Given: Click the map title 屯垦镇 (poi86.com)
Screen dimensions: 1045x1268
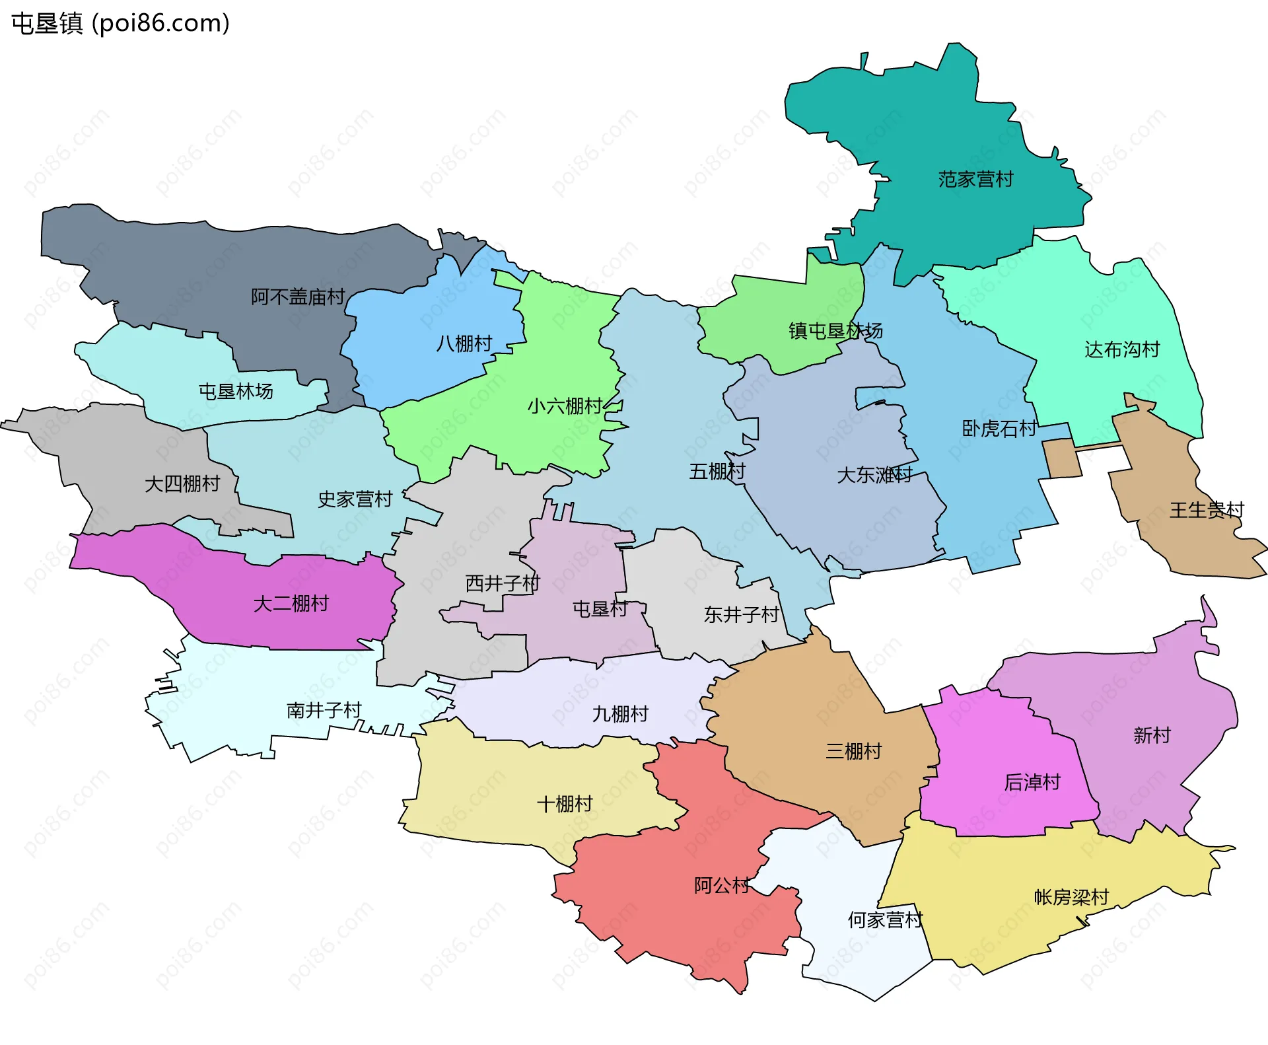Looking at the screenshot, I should pos(121,23).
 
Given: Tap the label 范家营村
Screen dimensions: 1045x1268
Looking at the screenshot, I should pos(975,180).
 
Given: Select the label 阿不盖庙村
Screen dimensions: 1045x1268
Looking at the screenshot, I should pos(298,297).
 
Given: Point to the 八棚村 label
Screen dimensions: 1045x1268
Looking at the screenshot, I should pos(464,343).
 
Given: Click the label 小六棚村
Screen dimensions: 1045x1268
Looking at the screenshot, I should pos(565,406).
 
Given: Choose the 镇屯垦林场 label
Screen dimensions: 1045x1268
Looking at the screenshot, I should pos(835,331).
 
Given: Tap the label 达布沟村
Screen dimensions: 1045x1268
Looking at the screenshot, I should pos(1122,349).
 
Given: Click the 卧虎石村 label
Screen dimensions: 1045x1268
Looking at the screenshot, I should pos(999,429).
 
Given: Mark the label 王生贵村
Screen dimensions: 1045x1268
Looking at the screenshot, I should pos(1207,510).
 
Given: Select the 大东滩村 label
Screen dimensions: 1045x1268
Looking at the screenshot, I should pos(874,475).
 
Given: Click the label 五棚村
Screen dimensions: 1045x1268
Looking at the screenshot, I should pos(717,472).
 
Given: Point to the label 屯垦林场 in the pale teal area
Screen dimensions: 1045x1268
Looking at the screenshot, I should pos(236,392).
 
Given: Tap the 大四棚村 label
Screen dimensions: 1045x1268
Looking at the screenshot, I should pos(182,484).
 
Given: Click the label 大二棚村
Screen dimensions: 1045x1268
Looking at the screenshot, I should pos(291,604).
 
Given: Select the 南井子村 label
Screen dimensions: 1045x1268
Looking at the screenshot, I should pos(324,711).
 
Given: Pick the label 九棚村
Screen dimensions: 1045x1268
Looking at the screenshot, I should pos(620,714).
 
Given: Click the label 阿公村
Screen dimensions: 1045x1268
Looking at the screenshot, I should pos(722,886).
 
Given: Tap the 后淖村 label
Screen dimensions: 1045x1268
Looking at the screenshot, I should pos(1032,783).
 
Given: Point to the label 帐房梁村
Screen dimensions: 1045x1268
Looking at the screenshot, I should pos(1071,897).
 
